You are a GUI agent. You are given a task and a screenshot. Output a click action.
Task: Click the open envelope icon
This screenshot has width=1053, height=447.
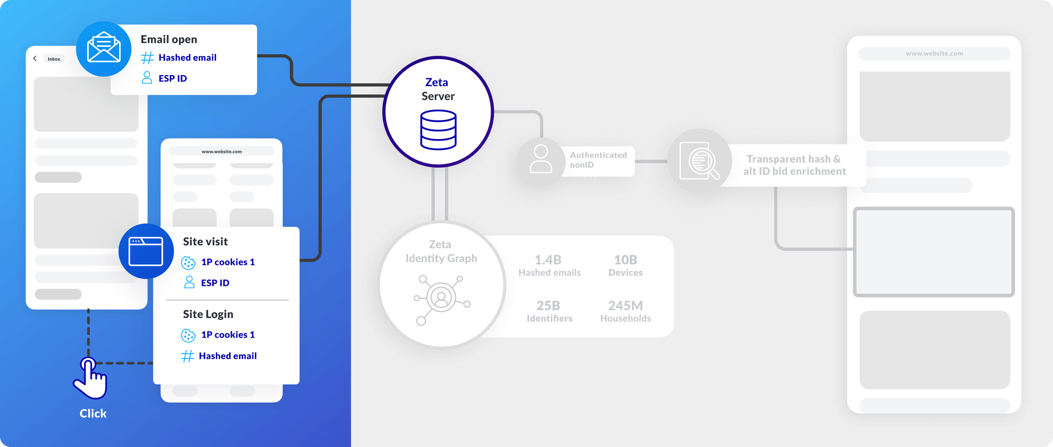point(104,48)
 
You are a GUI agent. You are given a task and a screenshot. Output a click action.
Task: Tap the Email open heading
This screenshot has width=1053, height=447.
point(169,39)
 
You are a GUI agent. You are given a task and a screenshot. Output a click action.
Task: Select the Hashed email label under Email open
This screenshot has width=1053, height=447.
point(187,58)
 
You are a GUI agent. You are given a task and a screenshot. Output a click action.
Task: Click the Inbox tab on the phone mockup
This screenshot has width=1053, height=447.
point(54,59)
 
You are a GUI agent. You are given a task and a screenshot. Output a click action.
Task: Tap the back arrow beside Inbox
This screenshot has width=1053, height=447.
point(35,58)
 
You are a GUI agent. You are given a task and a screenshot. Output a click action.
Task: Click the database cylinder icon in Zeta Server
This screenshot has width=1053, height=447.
point(438,130)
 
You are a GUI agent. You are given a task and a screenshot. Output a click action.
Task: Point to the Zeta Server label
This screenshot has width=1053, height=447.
point(438,89)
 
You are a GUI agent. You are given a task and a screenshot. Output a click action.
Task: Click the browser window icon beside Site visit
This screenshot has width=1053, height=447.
point(146,251)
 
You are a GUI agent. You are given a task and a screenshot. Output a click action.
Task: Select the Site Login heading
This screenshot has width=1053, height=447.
point(208,314)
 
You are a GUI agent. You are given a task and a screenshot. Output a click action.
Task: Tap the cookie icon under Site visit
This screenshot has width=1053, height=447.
point(188,263)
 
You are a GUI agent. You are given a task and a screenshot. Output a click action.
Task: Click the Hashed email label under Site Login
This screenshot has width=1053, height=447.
point(228,356)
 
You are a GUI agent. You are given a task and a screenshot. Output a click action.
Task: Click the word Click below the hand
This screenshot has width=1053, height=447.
point(93,413)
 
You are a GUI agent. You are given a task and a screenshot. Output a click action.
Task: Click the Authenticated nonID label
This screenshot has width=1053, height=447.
point(598,160)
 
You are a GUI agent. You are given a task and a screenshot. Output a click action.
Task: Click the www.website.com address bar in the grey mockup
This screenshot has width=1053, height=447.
point(934,53)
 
